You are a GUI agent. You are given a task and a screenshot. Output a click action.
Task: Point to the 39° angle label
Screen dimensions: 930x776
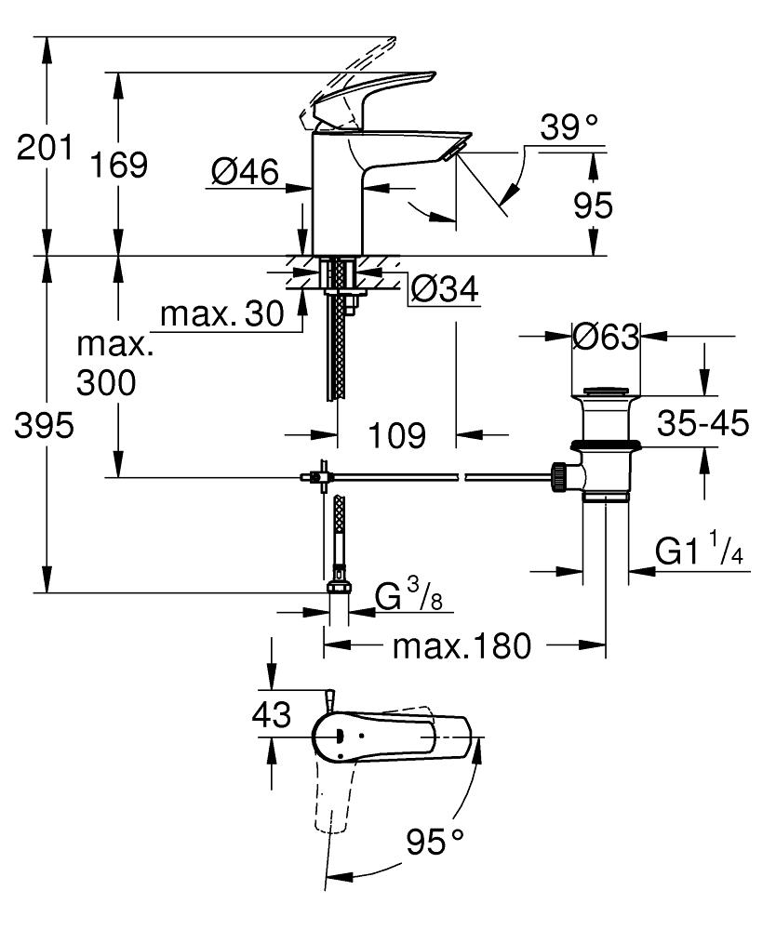coord(570,128)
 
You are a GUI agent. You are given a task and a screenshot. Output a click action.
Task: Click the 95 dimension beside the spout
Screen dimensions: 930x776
coord(591,206)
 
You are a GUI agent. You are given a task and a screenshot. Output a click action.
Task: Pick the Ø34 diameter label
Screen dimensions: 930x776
coord(444,291)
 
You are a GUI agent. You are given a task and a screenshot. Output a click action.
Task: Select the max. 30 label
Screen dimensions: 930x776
coord(221,315)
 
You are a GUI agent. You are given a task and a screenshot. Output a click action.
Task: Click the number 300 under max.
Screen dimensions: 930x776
coord(106,382)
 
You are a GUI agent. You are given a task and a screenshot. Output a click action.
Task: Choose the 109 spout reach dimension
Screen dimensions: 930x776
coord(395,434)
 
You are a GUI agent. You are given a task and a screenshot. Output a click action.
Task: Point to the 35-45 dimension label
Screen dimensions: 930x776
coord(702,424)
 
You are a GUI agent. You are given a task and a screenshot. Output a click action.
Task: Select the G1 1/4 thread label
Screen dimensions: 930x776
coord(699,551)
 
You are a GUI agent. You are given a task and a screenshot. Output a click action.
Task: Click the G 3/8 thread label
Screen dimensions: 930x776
coord(408,596)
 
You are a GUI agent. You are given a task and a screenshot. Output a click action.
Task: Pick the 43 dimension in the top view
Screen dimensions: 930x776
coord(272,715)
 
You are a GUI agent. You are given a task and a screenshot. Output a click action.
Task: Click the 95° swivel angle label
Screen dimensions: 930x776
coord(433,843)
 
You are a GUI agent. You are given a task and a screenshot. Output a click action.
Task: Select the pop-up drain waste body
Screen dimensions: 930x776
coord(605,446)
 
